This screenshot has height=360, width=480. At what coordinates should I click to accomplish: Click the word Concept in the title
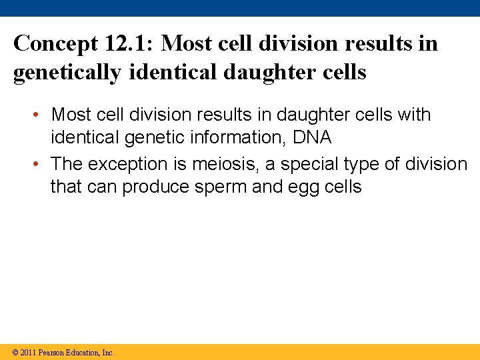[55, 44]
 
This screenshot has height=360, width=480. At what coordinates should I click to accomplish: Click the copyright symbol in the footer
[15, 353]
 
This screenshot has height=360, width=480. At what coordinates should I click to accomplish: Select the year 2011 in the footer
[28, 353]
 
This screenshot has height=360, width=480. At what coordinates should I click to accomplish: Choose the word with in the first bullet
[414, 115]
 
